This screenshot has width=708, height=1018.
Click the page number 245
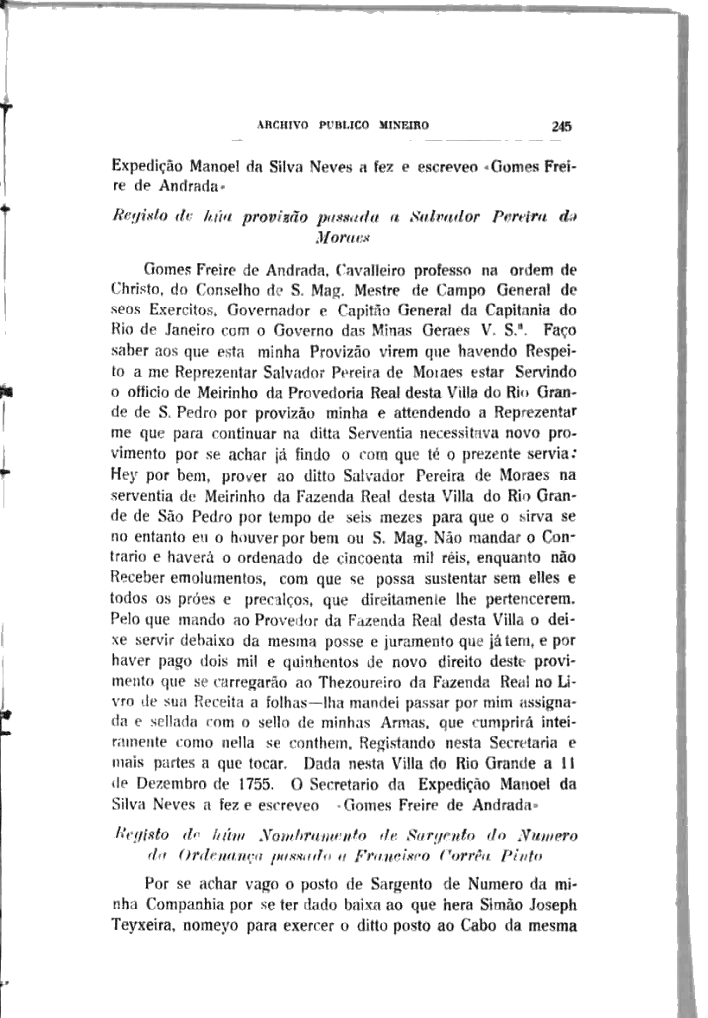(562, 125)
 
